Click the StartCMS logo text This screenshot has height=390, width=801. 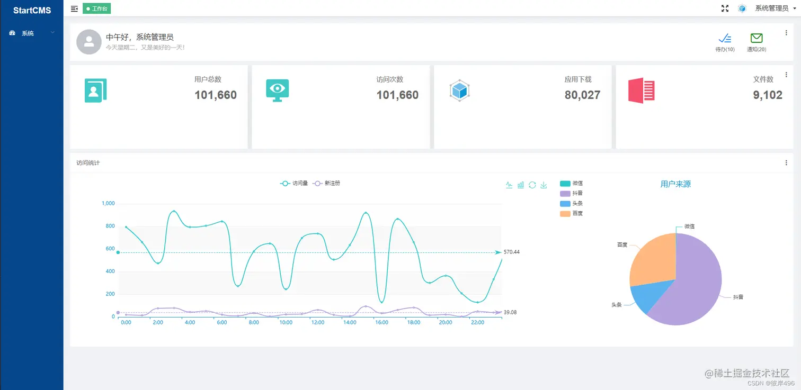point(32,10)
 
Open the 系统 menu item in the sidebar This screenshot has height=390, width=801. point(27,33)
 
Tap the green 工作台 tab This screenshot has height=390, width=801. point(97,8)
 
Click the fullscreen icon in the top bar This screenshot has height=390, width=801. point(725,8)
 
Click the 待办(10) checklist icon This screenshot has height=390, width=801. point(725,39)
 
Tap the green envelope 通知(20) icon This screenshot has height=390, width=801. point(756,39)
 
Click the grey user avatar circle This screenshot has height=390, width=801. point(88,42)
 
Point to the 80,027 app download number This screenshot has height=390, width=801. point(582,95)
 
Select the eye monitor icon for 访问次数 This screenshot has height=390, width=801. point(277,90)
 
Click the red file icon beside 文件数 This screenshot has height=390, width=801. point(641,90)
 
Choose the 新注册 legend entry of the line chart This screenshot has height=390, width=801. point(327,184)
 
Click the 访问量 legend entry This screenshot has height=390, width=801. point(295,184)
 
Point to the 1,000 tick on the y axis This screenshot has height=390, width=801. point(108,204)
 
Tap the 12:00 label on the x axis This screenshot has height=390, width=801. point(318,323)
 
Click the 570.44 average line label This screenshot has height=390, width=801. point(512,252)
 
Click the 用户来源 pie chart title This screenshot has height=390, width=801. point(675,184)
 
